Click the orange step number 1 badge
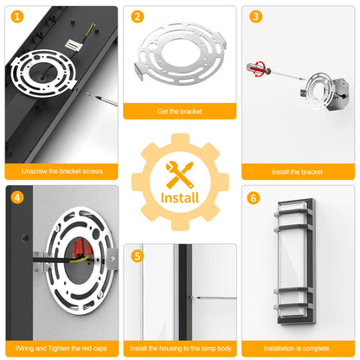point(17,16)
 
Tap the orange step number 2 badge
point(138,16)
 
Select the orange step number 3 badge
point(255,16)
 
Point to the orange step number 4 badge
point(17,197)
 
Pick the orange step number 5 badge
point(138,256)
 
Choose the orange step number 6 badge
point(254,198)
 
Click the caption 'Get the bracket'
point(180,112)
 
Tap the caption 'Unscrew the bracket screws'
point(62,171)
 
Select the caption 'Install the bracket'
point(298,172)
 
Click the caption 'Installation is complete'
point(297,349)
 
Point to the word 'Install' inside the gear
point(180,198)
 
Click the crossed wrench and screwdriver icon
point(180,175)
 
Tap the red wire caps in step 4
point(81,248)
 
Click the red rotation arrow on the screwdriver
point(258,68)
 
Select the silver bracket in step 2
point(181,54)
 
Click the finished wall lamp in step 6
point(294,261)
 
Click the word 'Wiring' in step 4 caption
point(25,349)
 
